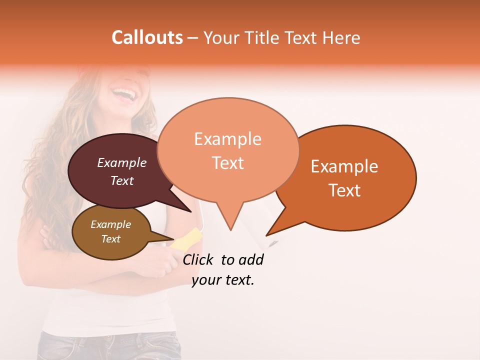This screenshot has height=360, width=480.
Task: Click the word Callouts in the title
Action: coord(147,37)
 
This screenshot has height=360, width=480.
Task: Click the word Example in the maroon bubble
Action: coord(122,162)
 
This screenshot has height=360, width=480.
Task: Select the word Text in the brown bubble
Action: coord(111,239)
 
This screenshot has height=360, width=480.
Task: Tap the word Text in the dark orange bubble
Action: coord(345,190)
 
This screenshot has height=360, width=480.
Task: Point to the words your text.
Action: coord(223,280)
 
